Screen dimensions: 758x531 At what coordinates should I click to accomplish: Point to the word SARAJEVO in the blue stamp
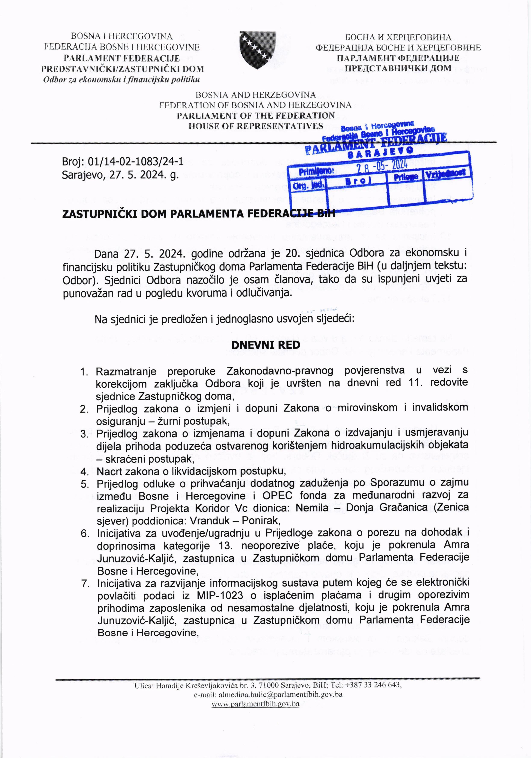click(382, 152)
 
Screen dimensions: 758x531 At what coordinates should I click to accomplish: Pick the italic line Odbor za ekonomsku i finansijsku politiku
click(122, 80)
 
